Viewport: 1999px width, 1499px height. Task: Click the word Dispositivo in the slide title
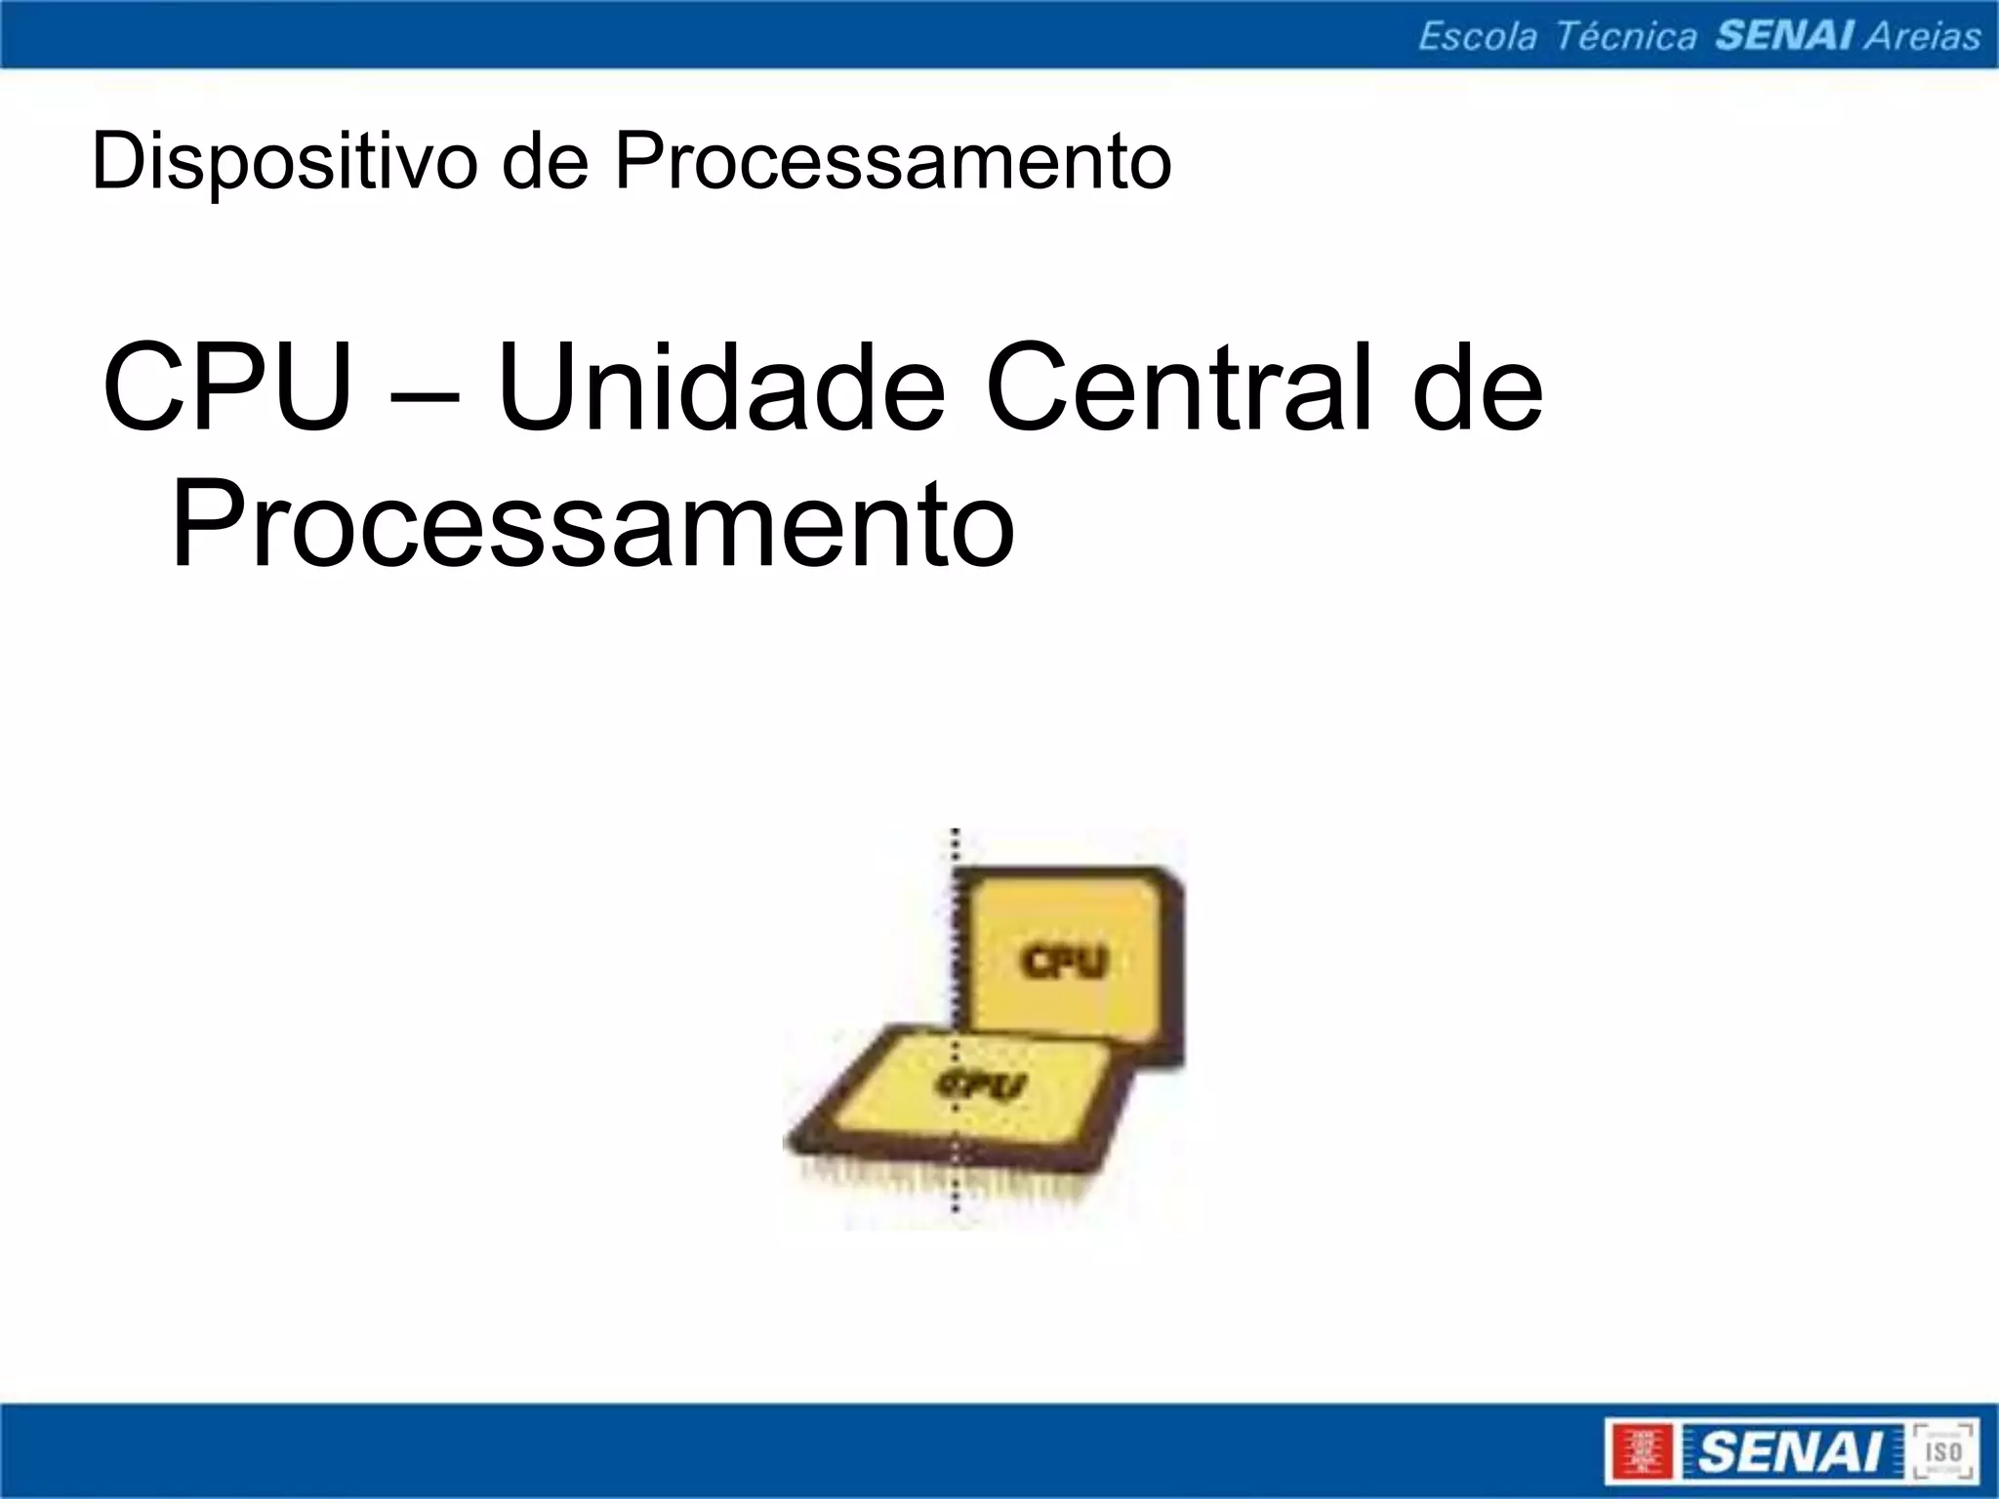point(284,162)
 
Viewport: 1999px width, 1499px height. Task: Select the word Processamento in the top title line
point(892,162)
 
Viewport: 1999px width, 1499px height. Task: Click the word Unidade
point(720,386)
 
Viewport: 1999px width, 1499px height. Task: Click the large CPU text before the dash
point(226,386)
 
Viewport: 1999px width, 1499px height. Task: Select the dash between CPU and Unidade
point(424,396)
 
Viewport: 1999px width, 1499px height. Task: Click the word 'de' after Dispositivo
point(544,162)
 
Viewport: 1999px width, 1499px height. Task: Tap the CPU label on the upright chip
point(1065,961)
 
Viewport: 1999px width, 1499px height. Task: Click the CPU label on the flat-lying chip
point(981,1084)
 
